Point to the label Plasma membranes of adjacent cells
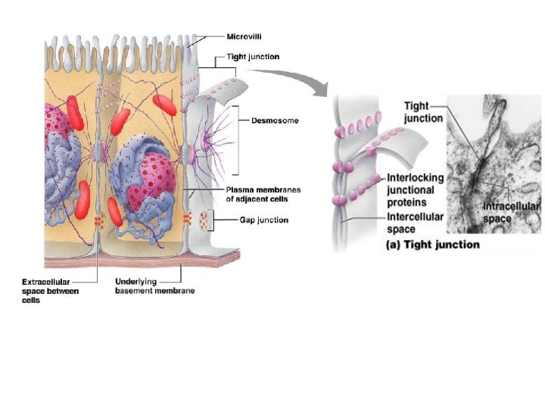pos(261,194)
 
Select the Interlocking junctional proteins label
pos(416,189)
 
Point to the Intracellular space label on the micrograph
pos(512,212)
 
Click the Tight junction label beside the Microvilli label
pos(253,57)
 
